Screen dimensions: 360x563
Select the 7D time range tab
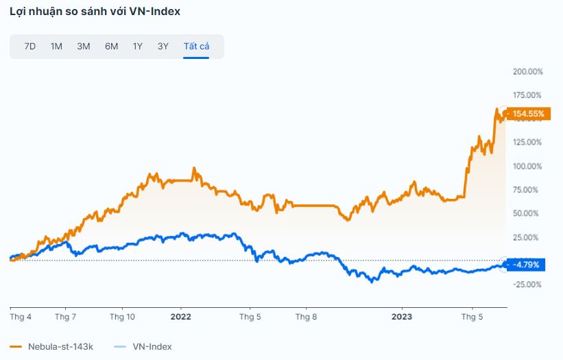(30, 47)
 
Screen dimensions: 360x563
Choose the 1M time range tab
(56, 47)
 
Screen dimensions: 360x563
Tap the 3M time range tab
(84, 47)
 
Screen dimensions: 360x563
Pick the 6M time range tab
(111, 47)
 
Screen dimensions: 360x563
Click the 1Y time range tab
(138, 47)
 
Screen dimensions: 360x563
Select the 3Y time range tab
(163, 47)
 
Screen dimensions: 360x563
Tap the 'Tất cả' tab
(196, 47)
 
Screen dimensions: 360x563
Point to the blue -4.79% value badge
(526, 265)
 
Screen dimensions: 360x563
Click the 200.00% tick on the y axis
(527, 71)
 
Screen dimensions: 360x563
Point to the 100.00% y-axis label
(527, 166)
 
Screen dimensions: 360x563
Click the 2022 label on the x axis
(180, 317)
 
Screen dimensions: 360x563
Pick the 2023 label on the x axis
(401, 317)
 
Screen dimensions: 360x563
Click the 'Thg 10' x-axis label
(122, 317)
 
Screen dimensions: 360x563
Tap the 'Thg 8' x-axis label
(306, 317)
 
